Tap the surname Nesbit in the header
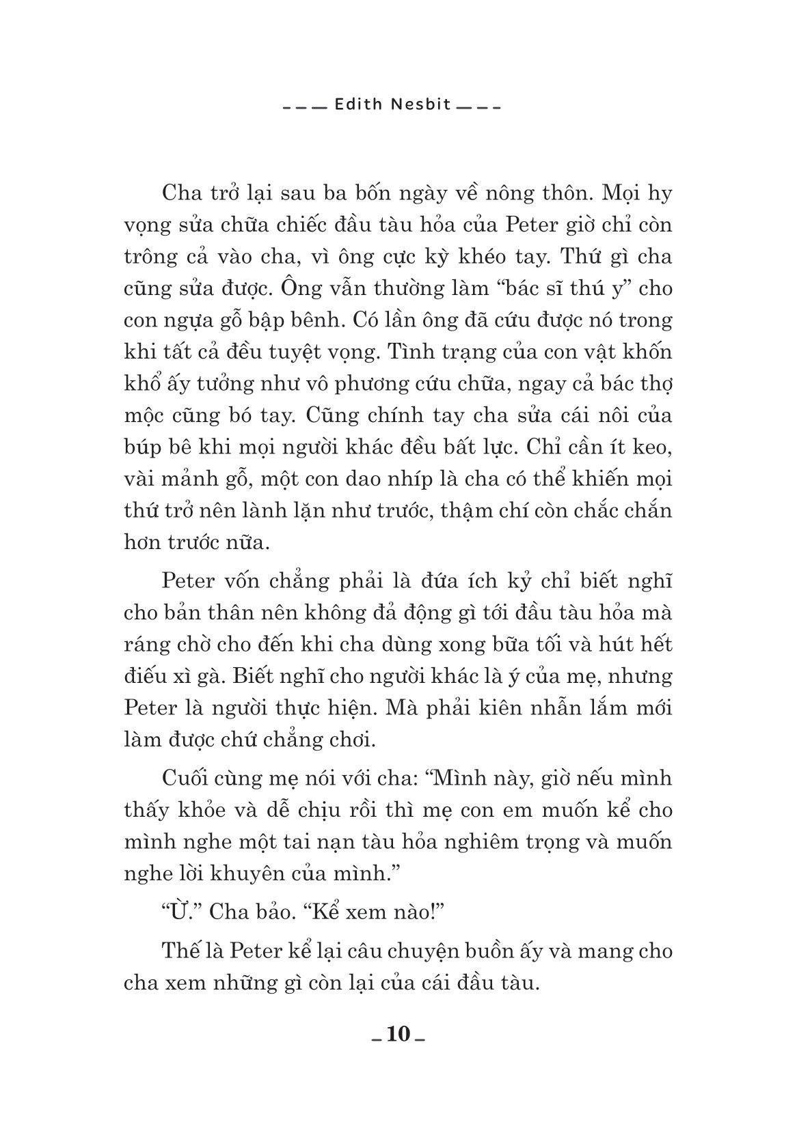click(417, 106)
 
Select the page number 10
click(398, 1035)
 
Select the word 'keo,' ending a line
click(650, 447)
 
